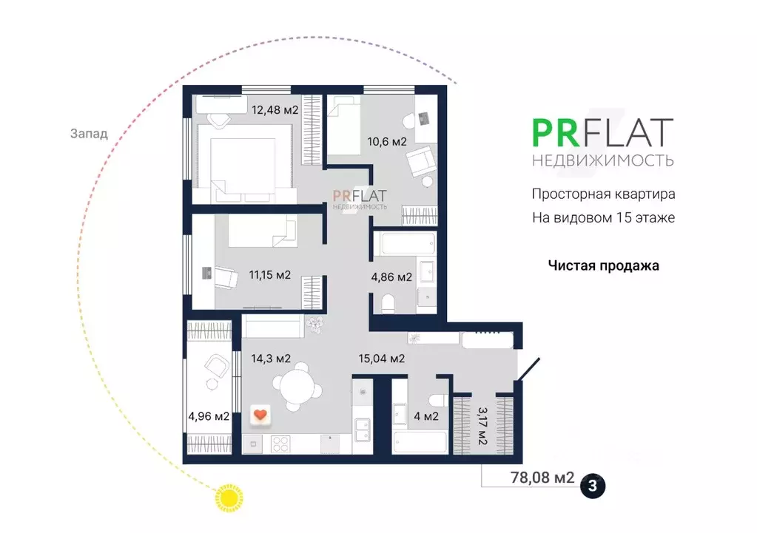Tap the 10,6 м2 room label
click(x=388, y=142)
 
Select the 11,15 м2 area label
click(x=269, y=275)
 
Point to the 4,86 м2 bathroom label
click(x=391, y=277)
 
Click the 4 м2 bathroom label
click(x=425, y=416)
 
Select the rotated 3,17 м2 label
click(x=482, y=425)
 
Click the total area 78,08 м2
click(x=542, y=478)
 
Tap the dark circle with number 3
click(x=593, y=486)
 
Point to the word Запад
click(x=89, y=134)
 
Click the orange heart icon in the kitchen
click(x=260, y=415)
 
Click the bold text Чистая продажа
click(x=603, y=265)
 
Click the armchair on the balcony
click(x=215, y=364)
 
